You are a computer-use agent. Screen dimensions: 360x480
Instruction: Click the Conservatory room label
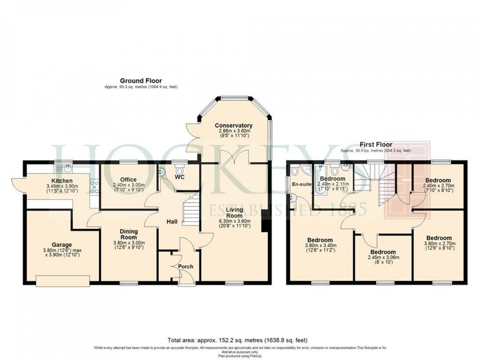coord(233,126)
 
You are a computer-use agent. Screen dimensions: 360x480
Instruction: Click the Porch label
coord(185,266)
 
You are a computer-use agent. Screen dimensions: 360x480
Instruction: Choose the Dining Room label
coord(128,234)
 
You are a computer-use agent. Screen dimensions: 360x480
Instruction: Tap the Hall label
coord(171,222)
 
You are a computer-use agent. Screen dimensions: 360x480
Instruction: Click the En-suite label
coord(302,185)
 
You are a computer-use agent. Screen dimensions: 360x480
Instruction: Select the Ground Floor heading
coord(141,81)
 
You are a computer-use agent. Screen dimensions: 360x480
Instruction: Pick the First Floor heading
coord(375,144)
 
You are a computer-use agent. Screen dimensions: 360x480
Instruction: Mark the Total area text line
coord(240,339)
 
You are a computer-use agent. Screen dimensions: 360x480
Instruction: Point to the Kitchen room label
coord(62,181)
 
